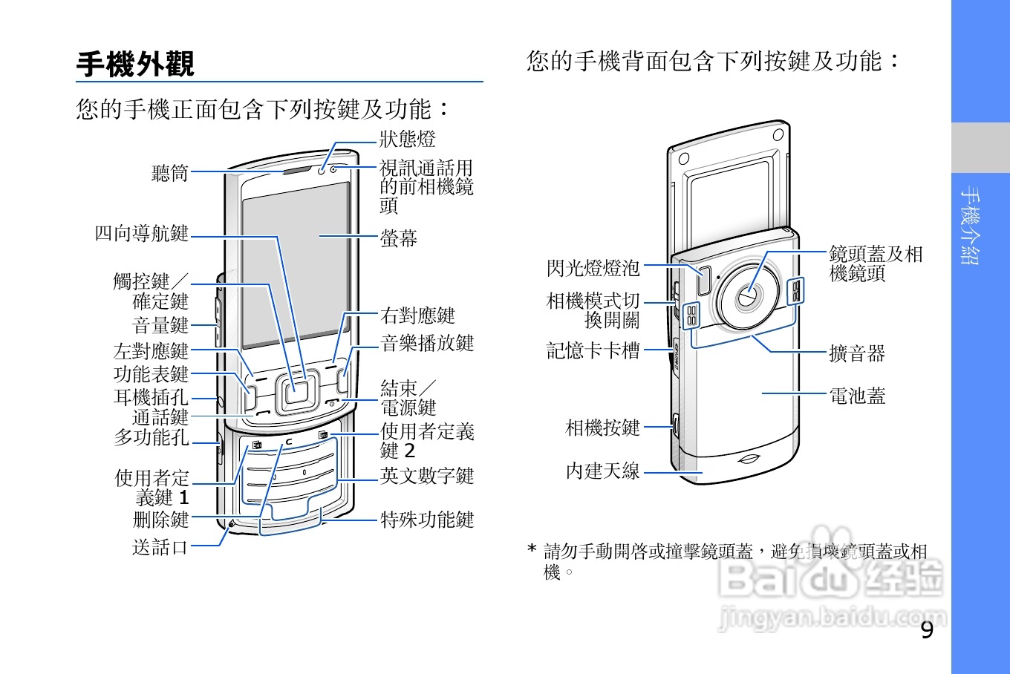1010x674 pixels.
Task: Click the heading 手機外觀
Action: point(135,64)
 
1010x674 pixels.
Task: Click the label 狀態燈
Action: point(407,139)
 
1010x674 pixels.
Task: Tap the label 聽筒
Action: point(170,173)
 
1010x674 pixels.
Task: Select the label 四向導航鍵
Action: point(141,233)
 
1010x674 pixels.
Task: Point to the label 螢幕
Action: point(399,238)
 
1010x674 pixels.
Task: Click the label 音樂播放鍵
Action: point(427,343)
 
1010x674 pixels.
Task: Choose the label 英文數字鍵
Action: point(427,476)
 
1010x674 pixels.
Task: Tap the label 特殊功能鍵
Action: point(427,520)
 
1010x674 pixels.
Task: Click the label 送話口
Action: point(160,547)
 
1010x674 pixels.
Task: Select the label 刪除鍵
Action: point(160,520)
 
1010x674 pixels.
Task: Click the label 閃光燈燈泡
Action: point(593,267)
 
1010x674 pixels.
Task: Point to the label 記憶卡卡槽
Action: point(593,350)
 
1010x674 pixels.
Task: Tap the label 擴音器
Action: point(857,353)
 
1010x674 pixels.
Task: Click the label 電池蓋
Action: point(857,396)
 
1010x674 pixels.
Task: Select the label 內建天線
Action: point(602,471)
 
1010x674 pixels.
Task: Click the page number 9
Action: point(926,630)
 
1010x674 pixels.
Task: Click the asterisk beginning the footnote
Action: point(531,550)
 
